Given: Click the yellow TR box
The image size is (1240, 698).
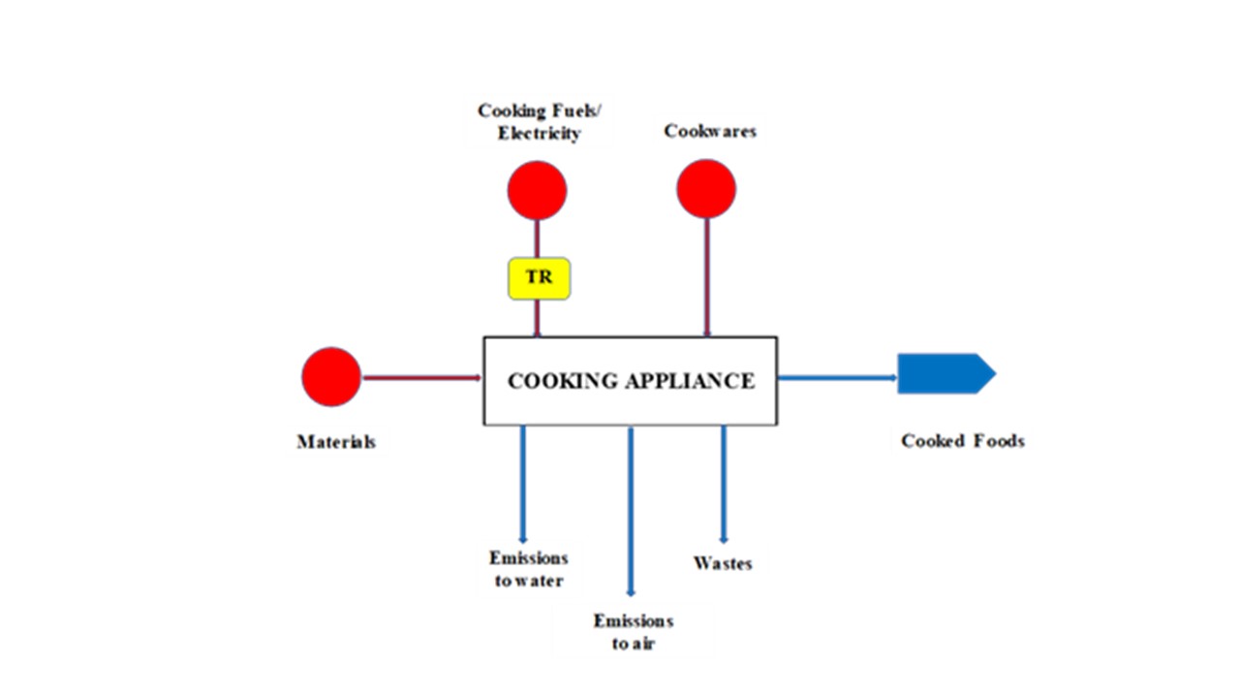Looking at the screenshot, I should tap(539, 278).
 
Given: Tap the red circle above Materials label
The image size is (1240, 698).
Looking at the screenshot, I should tap(331, 377).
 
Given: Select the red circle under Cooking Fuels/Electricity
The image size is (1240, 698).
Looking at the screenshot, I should tap(537, 190).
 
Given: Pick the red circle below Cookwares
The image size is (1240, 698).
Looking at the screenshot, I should tap(706, 189).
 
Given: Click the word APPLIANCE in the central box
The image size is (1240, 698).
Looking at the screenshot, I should tap(689, 381).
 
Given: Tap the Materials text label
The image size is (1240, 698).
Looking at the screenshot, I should tap(335, 442).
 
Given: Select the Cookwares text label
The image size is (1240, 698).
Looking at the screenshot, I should tap(710, 131).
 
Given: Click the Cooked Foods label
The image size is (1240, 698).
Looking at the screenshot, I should tap(962, 441).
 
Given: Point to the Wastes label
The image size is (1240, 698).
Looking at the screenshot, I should tap(723, 563).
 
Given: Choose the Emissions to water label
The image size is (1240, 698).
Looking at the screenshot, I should tap(528, 569).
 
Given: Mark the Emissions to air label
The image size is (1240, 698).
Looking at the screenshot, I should tap(633, 632).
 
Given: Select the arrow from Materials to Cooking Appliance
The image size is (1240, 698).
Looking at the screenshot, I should tap(421, 377).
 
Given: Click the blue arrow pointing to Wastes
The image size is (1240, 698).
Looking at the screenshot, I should tap(723, 485).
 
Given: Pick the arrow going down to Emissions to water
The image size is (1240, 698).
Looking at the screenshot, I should tap(523, 485).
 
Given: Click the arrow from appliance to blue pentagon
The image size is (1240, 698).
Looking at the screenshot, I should tap(838, 377).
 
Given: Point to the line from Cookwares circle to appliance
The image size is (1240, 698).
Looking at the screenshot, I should tap(706, 277).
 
